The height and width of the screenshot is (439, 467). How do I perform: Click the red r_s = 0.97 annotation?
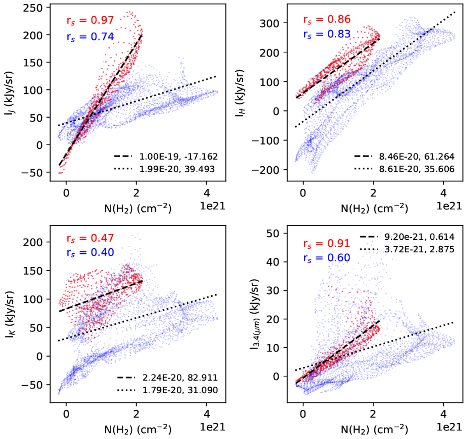coord(90,20)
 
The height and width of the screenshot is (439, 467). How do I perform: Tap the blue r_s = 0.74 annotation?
coord(90,37)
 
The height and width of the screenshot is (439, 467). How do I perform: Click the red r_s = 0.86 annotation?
coord(327,19)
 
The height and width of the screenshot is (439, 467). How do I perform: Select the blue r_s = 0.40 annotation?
coord(90,253)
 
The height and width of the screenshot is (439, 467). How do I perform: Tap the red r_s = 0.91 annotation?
coord(327,243)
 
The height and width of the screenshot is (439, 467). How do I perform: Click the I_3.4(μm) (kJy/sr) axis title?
coord(255,313)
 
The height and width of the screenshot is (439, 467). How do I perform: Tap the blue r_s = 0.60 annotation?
coord(327,258)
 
